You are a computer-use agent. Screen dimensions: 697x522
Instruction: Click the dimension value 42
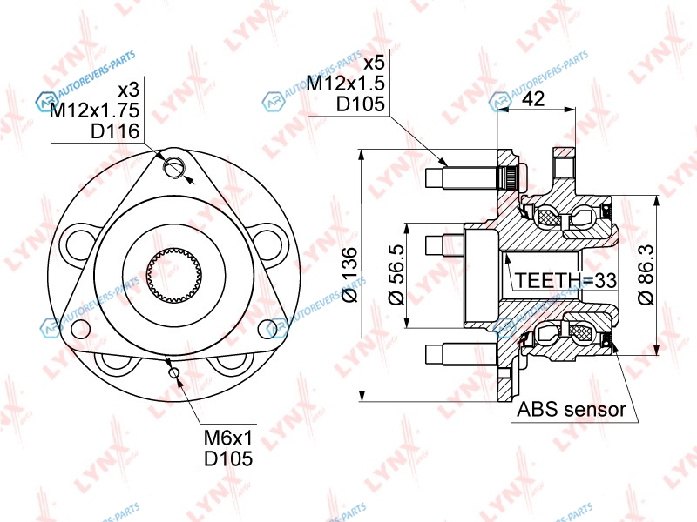pyautogui.click(x=533, y=97)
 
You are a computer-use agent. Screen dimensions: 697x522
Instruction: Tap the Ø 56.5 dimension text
pyautogui.click(x=396, y=275)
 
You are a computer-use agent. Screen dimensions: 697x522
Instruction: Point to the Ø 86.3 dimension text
pyautogui.click(x=646, y=275)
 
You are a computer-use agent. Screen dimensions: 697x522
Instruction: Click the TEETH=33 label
pyautogui.click(x=565, y=280)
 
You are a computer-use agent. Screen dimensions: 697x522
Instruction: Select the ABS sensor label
pyautogui.click(x=572, y=409)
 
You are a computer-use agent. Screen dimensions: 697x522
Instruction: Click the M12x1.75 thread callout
pyautogui.click(x=95, y=110)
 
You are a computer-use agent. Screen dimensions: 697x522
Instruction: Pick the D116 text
pyautogui.click(x=115, y=131)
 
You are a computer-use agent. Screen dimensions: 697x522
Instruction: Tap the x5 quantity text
pyautogui.click(x=374, y=63)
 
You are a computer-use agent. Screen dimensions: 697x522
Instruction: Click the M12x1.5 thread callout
pyautogui.click(x=345, y=83)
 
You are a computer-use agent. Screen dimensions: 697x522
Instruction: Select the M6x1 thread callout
pyautogui.click(x=228, y=438)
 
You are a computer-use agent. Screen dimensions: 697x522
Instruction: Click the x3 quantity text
pyautogui.click(x=129, y=90)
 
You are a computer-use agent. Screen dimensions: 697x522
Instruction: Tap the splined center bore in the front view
pyautogui.click(x=174, y=273)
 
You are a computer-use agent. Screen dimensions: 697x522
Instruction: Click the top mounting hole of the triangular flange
pyautogui.click(x=175, y=168)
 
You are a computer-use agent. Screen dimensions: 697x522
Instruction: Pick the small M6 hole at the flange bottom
pyautogui.click(x=174, y=372)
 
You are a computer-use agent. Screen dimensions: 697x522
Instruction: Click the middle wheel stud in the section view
pyautogui.click(x=445, y=244)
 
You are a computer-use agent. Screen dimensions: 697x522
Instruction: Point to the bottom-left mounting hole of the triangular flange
pyautogui.click(x=80, y=329)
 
